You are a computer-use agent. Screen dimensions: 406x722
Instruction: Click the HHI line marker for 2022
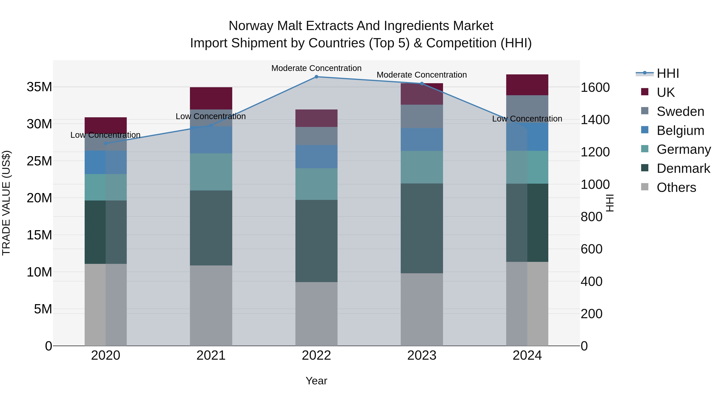(316, 77)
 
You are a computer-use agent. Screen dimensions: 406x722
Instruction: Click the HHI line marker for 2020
(106, 144)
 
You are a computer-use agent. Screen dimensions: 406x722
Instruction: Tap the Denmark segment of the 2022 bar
(316, 241)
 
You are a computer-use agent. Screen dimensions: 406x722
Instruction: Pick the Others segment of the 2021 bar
(211, 305)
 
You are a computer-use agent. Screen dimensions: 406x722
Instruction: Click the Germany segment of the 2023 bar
(422, 167)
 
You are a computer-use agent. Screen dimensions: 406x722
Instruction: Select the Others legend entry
(676, 187)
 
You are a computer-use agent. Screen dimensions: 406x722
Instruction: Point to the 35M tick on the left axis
(39, 87)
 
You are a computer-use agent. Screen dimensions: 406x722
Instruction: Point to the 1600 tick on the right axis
(595, 87)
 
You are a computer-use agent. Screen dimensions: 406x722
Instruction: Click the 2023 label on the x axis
(422, 355)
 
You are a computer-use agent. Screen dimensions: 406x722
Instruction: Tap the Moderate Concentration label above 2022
(316, 68)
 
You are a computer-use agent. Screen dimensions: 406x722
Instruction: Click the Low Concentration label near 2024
(527, 119)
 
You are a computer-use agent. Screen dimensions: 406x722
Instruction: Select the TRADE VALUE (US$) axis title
(6, 203)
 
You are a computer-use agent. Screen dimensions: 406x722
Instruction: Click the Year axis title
(316, 381)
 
